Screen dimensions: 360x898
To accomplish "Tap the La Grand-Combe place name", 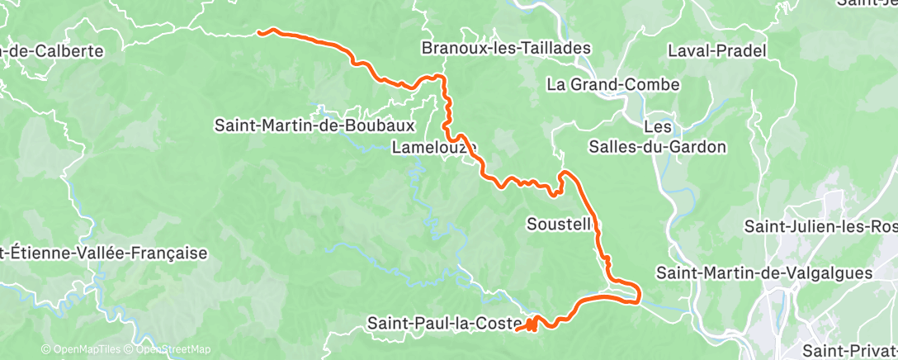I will coord(612,84).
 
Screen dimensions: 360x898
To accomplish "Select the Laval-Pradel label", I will coord(717,51).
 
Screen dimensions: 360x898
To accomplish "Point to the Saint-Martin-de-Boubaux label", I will coord(314,126).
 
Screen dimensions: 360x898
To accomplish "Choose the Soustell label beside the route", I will coord(559,223).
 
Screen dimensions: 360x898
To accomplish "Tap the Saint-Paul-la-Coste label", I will coord(444,323).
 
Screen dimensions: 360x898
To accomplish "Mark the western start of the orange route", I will coord(260,33).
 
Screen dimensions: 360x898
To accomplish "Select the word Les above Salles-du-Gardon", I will coord(657,127).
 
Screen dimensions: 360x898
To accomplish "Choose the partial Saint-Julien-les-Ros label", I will coord(820,225).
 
